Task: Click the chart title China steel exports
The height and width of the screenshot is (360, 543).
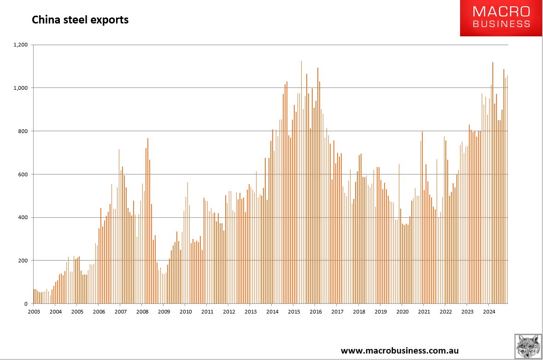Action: click(x=80, y=20)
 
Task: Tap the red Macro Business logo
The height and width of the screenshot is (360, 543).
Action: click(x=501, y=18)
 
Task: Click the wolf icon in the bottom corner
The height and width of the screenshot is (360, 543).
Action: click(x=528, y=346)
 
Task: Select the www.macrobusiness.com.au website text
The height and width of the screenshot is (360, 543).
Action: click(x=399, y=351)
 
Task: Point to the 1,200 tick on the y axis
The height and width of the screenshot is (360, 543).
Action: click(x=21, y=45)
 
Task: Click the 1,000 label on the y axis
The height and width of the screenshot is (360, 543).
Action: click(x=21, y=88)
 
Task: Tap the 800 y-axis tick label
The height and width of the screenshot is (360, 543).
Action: click(x=23, y=131)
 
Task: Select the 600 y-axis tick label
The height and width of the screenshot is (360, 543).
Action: click(x=23, y=174)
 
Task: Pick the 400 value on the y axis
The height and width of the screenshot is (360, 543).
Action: click(x=23, y=217)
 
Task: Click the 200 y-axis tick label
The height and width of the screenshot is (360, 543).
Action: click(x=23, y=261)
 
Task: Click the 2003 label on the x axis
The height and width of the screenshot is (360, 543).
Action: click(x=34, y=312)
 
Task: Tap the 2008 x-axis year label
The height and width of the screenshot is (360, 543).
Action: click(x=142, y=312)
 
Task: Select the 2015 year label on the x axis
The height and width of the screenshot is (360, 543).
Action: click(x=294, y=312)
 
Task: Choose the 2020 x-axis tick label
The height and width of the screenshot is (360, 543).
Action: click(x=402, y=312)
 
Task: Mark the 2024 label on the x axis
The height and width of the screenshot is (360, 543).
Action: click(x=489, y=312)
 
